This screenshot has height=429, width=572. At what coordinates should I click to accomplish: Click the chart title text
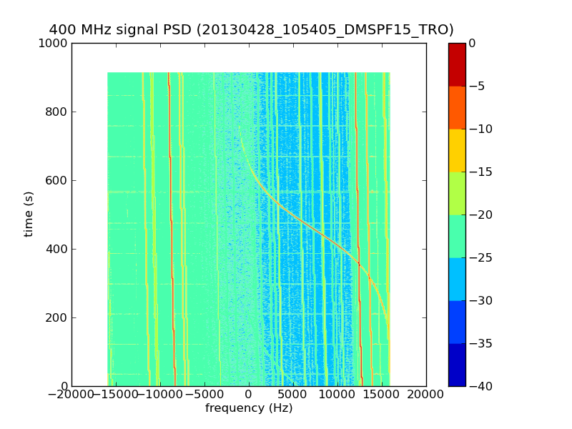[251, 30]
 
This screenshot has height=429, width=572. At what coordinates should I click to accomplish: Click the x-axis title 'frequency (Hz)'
[249, 408]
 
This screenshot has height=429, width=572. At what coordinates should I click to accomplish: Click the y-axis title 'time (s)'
[29, 214]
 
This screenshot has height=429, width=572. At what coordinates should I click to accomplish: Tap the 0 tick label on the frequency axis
[249, 395]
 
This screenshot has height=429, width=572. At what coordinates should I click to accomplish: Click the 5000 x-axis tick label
[293, 395]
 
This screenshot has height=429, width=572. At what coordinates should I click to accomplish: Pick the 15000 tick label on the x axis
[382, 395]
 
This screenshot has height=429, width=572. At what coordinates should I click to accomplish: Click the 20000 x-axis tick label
[426, 395]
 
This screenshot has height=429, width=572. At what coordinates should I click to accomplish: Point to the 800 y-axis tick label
[56, 112]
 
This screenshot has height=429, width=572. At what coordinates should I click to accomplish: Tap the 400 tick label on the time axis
[56, 249]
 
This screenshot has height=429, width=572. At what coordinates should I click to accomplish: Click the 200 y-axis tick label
[56, 317]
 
